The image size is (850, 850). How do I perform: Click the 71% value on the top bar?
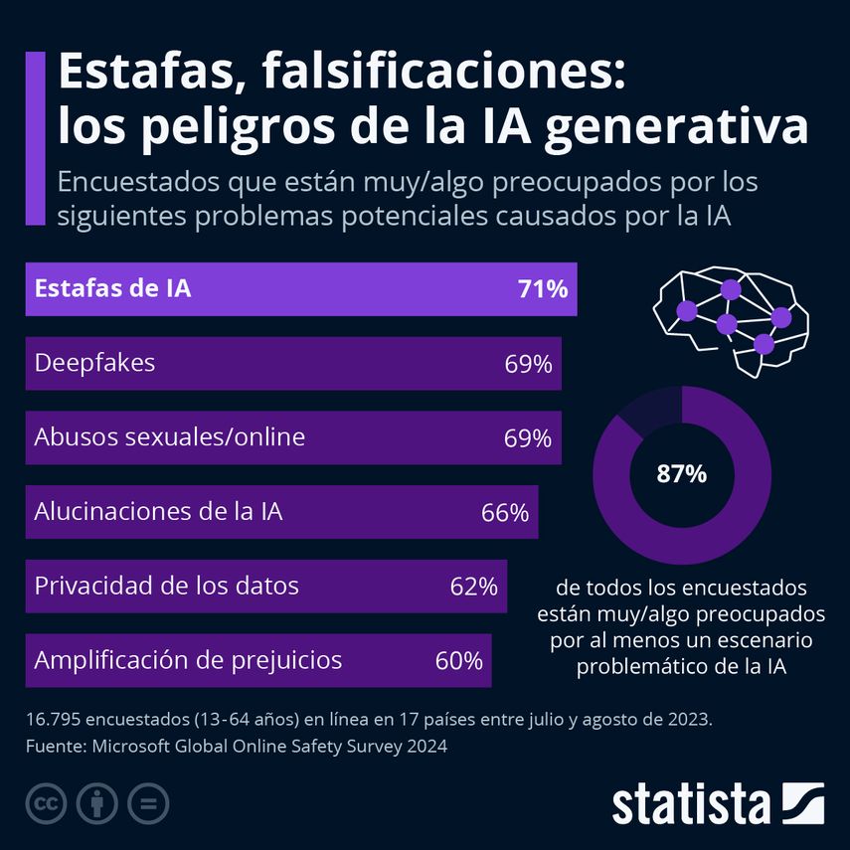[x=542, y=289]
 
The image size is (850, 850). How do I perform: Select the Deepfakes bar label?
[x=94, y=363]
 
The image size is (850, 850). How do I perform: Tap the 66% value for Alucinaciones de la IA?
[x=504, y=513]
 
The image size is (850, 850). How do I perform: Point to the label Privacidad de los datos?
[x=166, y=586]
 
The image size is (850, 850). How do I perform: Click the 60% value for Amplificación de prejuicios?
[x=458, y=660]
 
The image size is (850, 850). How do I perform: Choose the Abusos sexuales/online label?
[x=169, y=437]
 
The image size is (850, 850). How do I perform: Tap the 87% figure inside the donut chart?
[x=681, y=474]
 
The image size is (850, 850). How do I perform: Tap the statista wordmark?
[x=691, y=804]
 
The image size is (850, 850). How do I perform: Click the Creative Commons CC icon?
[x=46, y=803]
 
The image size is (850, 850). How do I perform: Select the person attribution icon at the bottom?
[x=96, y=803]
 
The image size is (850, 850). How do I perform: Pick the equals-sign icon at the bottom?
[x=148, y=803]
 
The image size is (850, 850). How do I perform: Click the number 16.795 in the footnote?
[x=55, y=719]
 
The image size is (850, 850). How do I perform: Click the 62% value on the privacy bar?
[x=473, y=587]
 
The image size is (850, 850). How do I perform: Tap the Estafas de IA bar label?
[x=112, y=289]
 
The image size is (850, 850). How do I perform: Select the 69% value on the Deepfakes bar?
[x=527, y=364]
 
